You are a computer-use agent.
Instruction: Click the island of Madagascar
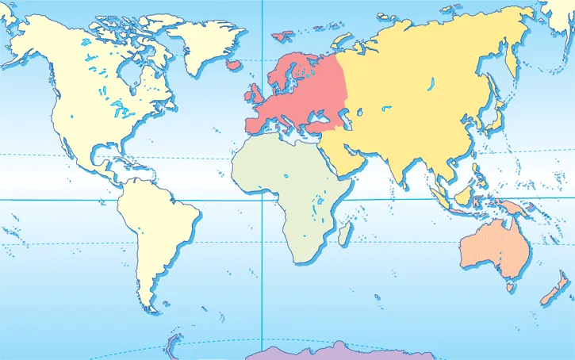(345, 232)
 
